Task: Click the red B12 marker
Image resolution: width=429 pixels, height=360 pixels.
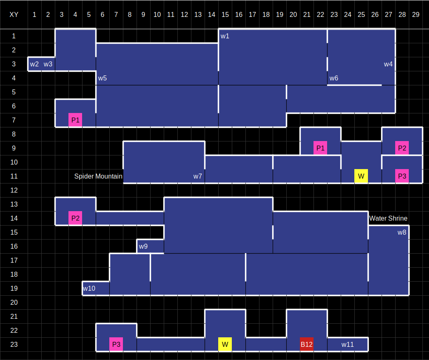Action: click(306, 344)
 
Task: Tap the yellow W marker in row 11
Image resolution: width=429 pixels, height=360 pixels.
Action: click(361, 176)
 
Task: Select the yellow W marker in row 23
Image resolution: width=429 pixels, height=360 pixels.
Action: click(225, 344)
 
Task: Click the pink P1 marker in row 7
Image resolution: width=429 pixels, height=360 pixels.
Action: click(75, 120)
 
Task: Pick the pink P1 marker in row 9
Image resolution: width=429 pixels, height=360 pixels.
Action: click(320, 148)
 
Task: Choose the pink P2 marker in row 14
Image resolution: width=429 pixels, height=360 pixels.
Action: click(75, 218)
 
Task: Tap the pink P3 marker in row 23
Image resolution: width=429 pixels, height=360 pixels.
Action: click(116, 344)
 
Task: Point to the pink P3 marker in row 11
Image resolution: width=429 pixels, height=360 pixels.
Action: click(402, 176)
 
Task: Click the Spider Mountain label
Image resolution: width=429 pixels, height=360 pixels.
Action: click(98, 176)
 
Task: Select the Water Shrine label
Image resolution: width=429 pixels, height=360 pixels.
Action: click(388, 218)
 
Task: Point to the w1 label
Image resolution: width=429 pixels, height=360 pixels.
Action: click(225, 36)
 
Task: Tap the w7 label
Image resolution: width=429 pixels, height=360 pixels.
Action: click(198, 176)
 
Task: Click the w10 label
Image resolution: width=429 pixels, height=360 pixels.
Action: click(89, 288)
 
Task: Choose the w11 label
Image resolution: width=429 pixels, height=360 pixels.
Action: click(347, 344)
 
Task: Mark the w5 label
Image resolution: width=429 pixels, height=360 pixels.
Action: click(102, 78)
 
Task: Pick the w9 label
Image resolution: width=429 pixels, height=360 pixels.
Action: click(143, 246)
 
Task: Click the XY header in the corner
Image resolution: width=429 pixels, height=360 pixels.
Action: click(14, 14)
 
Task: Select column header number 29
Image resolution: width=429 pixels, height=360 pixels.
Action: click(415, 14)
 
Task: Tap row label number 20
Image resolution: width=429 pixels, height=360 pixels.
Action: click(14, 302)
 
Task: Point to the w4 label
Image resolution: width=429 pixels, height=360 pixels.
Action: click(388, 64)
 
